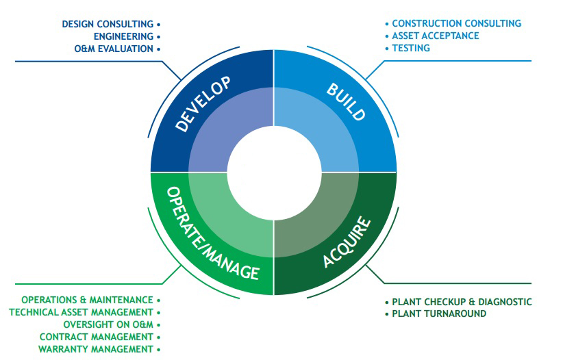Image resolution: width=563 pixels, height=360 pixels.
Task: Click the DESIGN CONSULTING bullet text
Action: click(107, 24)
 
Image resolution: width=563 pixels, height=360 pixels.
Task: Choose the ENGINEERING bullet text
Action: click(123, 36)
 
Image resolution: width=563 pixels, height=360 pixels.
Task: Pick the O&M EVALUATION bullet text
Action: click(113, 49)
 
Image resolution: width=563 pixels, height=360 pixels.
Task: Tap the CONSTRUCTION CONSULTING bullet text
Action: click(456, 23)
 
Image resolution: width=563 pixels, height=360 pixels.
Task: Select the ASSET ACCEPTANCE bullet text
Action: click(436, 36)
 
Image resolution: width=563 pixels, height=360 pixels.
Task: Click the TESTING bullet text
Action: click(411, 48)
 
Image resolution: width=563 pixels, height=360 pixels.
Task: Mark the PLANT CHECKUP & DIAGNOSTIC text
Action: click(462, 302)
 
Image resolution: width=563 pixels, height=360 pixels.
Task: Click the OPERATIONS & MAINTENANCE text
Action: click(87, 300)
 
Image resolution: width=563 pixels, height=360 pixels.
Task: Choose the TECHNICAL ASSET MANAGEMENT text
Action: click(81, 312)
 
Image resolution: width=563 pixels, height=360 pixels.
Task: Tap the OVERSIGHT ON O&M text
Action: click(108, 324)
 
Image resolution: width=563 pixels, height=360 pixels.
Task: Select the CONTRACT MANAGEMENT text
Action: click(97, 337)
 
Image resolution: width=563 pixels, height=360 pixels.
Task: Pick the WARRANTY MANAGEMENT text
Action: click(96, 349)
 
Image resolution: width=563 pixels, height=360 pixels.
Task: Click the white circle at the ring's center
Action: click(273, 171)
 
